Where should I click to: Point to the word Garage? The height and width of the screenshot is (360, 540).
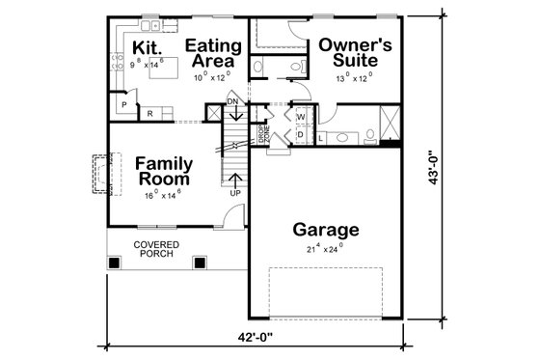coord(326,231)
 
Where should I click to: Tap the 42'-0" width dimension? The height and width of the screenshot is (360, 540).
coord(273,338)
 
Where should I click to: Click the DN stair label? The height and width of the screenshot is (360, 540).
coord(232,101)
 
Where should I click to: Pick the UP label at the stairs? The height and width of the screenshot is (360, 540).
coord(234,193)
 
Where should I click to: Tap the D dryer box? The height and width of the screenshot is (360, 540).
coord(300,134)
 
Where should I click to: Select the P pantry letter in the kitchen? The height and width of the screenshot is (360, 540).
coord(123,104)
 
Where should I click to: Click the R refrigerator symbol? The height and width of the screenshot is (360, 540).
coord(149,113)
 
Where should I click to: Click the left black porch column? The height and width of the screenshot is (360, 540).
coord(115,262)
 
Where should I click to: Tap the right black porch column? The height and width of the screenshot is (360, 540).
coord(200,262)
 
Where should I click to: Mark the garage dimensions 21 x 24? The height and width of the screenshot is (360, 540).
coord(325,249)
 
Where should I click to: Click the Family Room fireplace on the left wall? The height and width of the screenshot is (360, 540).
coord(99,175)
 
